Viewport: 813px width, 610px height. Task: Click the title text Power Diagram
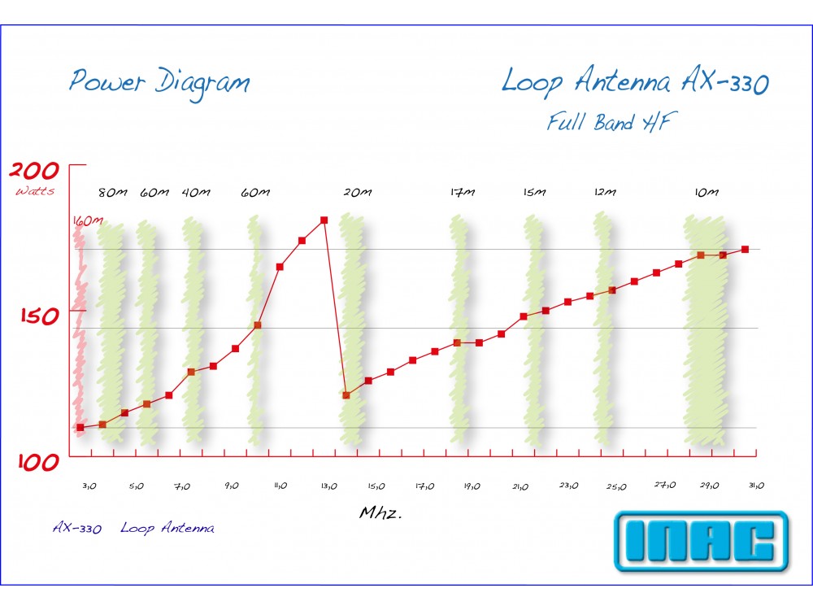(159, 82)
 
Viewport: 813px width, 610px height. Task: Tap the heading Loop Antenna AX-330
(634, 82)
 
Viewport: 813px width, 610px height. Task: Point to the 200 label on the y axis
(34, 171)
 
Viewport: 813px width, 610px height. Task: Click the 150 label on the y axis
(39, 316)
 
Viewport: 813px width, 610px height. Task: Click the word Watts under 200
(35, 191)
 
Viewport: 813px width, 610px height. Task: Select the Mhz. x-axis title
(381, 514)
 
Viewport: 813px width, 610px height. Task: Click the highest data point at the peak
(324, 220)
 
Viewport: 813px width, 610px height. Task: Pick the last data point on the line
(745, 249)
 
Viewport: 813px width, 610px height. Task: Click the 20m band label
(357, 193)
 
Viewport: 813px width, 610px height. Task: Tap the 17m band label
(462, 193)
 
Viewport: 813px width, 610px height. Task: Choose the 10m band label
(706, 193)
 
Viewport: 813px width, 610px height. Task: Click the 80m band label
(113, 193)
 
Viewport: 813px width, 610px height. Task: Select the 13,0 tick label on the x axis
(328, 486)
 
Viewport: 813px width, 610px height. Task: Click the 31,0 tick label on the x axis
(755, 486)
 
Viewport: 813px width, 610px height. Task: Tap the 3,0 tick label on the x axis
(89, 486)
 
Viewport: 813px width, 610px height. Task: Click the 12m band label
(605, 193)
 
